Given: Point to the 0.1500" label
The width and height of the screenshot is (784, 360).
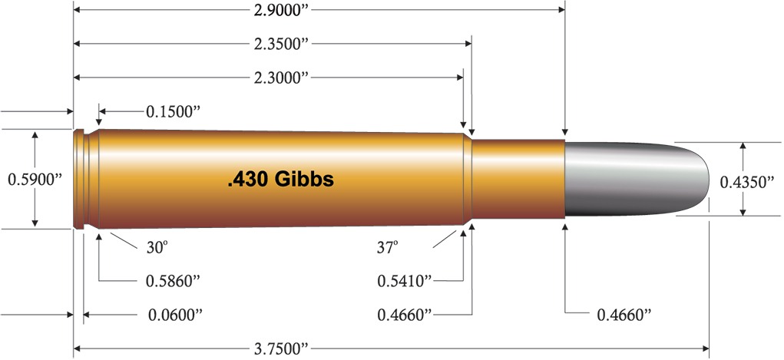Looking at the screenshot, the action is tap(173, 111).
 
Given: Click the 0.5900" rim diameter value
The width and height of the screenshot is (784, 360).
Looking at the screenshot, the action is tap(34, 179).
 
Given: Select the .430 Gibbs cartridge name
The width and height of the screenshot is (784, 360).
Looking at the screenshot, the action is tap(280, 179).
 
